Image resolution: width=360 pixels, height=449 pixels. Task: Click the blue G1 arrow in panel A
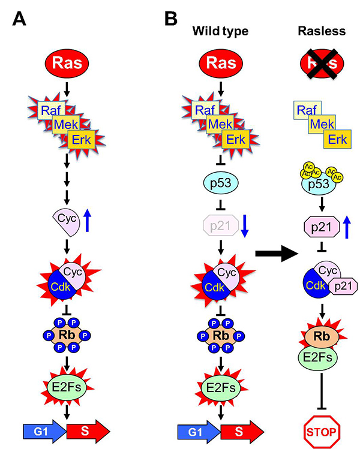[43, 430]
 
